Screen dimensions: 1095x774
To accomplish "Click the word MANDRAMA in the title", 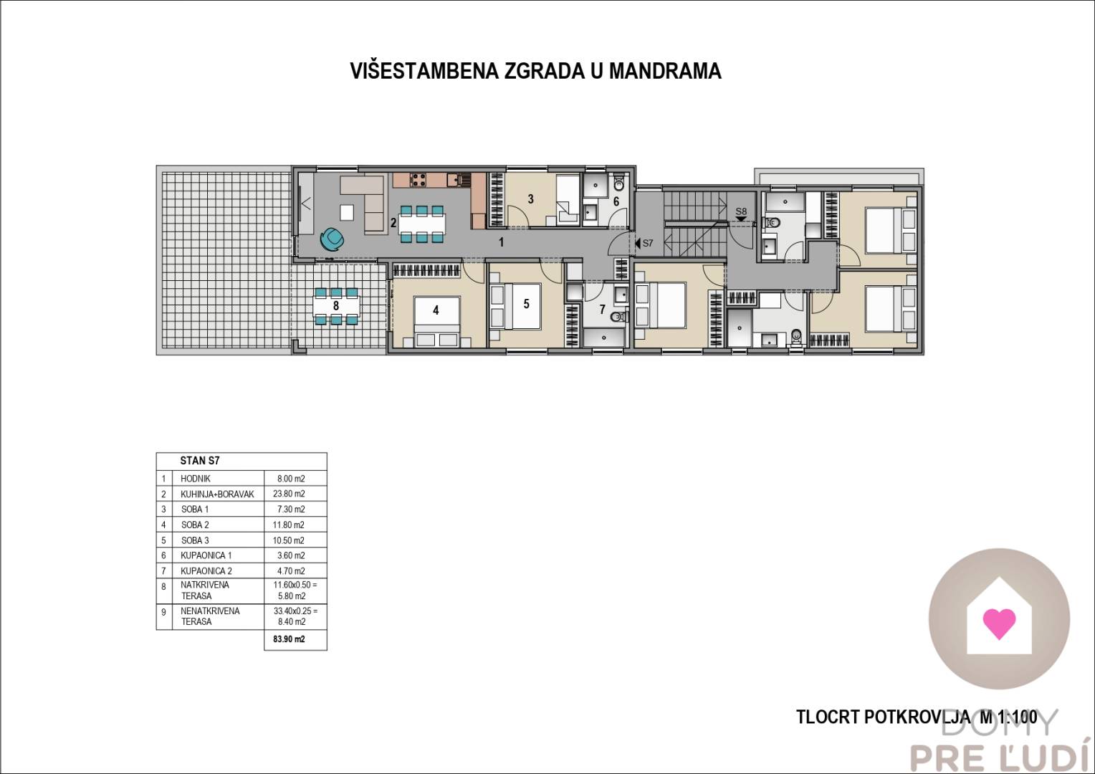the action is [x=665, y=71].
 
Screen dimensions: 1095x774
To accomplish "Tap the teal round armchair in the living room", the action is [x=332, y=239].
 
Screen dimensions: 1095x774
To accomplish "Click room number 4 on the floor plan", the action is [x=436, y=310].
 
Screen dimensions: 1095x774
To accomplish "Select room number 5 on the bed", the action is [x=526, y=304].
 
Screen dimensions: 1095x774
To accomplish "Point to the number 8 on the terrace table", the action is [x=336, y=305].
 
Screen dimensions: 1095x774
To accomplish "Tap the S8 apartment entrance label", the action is [x=741, y=211].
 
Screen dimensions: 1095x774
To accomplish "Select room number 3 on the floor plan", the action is [x=530, y=199].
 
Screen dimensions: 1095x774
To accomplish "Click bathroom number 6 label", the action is [x=616, y=201].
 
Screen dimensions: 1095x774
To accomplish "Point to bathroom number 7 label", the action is [x=602, y=310].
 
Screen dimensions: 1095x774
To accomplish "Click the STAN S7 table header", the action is [x=200, y=461].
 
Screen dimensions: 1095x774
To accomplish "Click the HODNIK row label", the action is [x=195, y=479].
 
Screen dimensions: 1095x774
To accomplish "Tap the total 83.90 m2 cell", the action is [x=289, y=639].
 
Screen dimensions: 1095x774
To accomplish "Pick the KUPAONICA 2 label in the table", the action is [x=206, y=570].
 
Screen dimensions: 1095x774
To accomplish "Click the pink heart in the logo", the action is [x=999, y=623].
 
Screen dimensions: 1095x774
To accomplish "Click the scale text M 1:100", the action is [x=1008, y=717].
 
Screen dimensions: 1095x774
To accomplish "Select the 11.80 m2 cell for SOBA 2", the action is [x=288, y=525].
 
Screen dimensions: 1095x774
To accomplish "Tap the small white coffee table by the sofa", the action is [x=347, y=213].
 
